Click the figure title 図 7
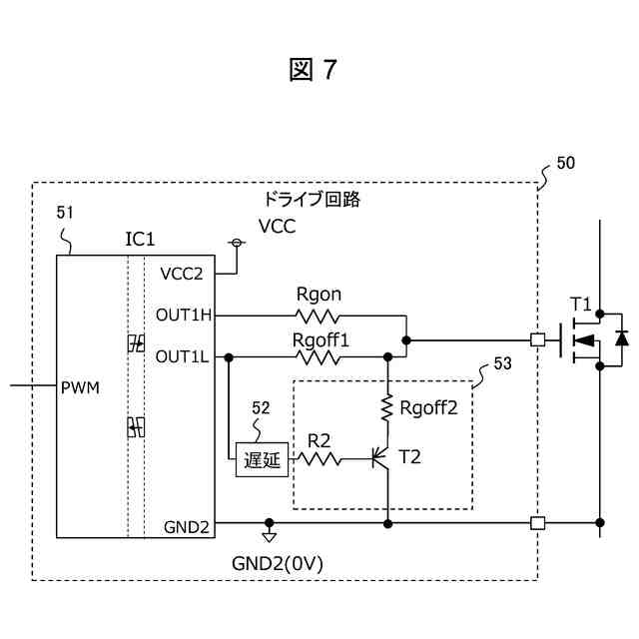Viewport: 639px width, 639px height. point(315,70)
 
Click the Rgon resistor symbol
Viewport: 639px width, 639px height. point(319,316)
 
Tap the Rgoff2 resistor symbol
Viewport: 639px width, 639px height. point(386,407)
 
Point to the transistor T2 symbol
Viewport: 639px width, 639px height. point(380,459)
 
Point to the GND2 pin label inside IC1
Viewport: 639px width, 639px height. point(185,527)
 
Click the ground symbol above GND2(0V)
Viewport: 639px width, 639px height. point(268,534)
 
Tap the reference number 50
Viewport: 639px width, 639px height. point(565,163)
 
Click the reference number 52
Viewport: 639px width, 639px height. point(261,407)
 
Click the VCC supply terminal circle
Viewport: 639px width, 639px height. point(237,243)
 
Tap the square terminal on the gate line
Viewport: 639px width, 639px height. point(537,339)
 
